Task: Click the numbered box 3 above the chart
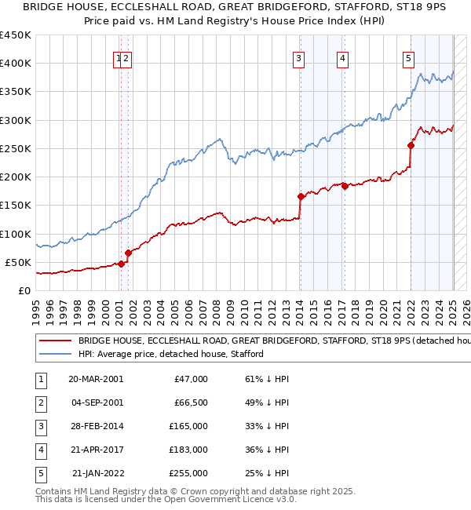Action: coord(299,56)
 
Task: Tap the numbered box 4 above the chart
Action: coord(344,56)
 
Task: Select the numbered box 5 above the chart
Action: coord(409,56)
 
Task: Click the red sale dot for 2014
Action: coord(301,196)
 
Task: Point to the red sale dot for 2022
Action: coord(411,144)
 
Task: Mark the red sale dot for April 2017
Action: coord(345,186)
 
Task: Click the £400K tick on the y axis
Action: coord(16,64)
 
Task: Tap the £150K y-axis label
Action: coord(16,206)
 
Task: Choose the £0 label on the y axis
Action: coord(25,290)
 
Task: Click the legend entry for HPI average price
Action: coord(170,354)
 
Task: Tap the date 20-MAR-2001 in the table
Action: coord(96,379)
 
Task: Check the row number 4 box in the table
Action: coord(40,450)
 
